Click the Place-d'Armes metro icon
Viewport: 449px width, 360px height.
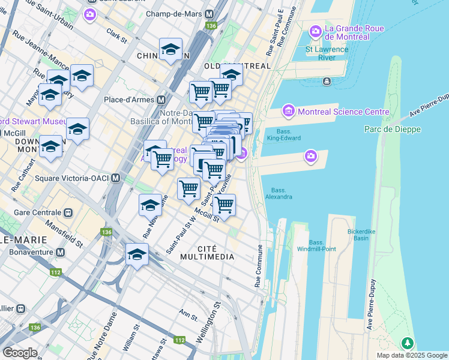pyautogui.click(x=161, y=100)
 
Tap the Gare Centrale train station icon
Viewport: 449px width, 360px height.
pyautogui.click(x=68, y=212)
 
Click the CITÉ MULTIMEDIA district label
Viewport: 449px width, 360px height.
pyautogui.click(x=215, y=253)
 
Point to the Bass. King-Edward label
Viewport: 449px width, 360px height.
pyautogui.click(x=286, y=136)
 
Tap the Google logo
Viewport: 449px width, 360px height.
pyautogui.click(x=20, y=353)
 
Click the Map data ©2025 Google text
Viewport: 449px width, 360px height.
pyautogui.click(x=411, y=355)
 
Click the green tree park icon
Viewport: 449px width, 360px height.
pyautogui.click(x=408, y=343)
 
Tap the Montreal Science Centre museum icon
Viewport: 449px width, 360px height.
pyautogui.click(x=288, y=111)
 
